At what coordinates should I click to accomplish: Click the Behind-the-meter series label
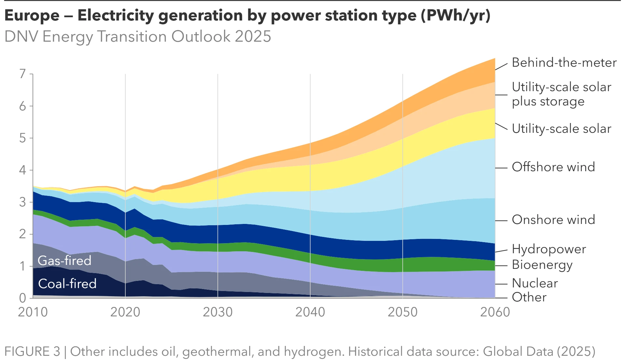tap(564, 62)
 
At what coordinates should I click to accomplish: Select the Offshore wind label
tap(553, 167)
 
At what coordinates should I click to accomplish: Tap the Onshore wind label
tap(553, 220)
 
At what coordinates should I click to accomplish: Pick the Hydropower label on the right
tap(549, 249)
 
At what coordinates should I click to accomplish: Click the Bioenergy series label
tap(542, 265)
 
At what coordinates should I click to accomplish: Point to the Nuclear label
tap(535, 283)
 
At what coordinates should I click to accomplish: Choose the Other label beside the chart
tap(529, 297)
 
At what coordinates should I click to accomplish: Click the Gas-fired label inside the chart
tap(64, 261)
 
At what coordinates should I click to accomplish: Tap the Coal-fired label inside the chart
tap(67, 284)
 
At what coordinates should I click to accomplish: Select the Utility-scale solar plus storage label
tap(561, 94)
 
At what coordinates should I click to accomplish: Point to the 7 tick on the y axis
tap(22, 74)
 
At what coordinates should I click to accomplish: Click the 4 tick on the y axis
tap(22, 170)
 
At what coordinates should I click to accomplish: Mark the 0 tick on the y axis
tap(22, 298)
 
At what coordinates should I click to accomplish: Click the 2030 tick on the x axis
tap(218, 312)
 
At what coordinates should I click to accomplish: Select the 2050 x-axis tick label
tap(403, 312)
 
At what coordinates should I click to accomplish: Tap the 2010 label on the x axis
tap(33, 312)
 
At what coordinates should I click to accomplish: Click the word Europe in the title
tap(32, 16)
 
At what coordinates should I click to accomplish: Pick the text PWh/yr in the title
tap(456, 16)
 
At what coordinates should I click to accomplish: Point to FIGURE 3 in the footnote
tap(32, 352)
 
